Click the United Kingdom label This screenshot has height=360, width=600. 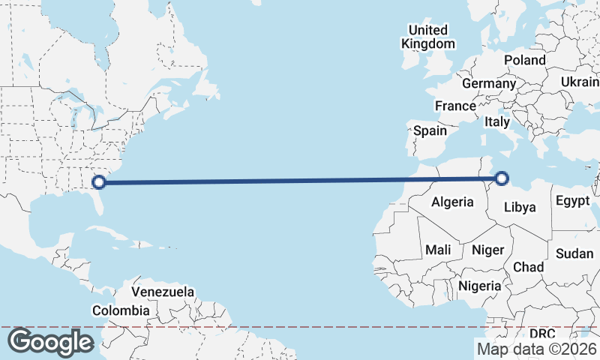point(427,37)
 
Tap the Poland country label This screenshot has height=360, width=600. point(525,60)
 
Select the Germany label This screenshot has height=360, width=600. point(489,83)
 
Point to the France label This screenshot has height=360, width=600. point(455,106)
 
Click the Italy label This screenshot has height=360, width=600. point(496,121)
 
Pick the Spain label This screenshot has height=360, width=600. point(430,130)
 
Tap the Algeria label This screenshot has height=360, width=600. point(452,202)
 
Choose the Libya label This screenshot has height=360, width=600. point(519,207)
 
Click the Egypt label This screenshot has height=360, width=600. point(571,200)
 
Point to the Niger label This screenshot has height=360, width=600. point(488,250)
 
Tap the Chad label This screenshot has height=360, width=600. point(528,267)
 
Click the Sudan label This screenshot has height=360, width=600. point(574,253)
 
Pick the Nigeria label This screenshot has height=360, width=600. point(479,286)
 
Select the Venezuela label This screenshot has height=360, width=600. point(163,292)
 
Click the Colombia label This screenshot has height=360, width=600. point(121,310)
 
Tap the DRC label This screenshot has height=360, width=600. point(541,333)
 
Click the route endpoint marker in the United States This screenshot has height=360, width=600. point(98,181)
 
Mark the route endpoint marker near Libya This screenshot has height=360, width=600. point(502,178)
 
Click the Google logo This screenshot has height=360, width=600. point(49,342)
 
